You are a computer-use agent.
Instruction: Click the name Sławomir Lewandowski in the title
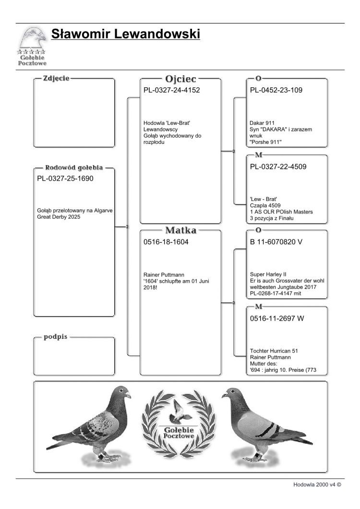click(x=125, y=35)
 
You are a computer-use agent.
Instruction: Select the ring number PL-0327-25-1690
click(x=65, y=179)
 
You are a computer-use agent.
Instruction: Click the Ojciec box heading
click(x=180, y=79)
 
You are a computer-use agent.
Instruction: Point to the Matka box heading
click(x=180, y=230)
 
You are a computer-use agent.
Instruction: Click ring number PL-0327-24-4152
click(x=171, y=90)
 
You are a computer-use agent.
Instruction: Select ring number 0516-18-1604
click(x=166, y=242)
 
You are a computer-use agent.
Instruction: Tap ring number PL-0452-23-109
click(x=276, y=90)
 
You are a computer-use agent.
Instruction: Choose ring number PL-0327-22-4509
click(x=278, y=167)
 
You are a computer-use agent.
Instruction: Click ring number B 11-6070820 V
click(x=276, y=242)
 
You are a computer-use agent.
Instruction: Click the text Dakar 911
click(x=262, y=123)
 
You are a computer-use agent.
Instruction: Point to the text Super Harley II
click(x=268, y=274)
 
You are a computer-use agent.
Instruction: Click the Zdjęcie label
click(x=56, y=78)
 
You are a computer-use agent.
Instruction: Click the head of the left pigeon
click(x=122, y=392)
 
